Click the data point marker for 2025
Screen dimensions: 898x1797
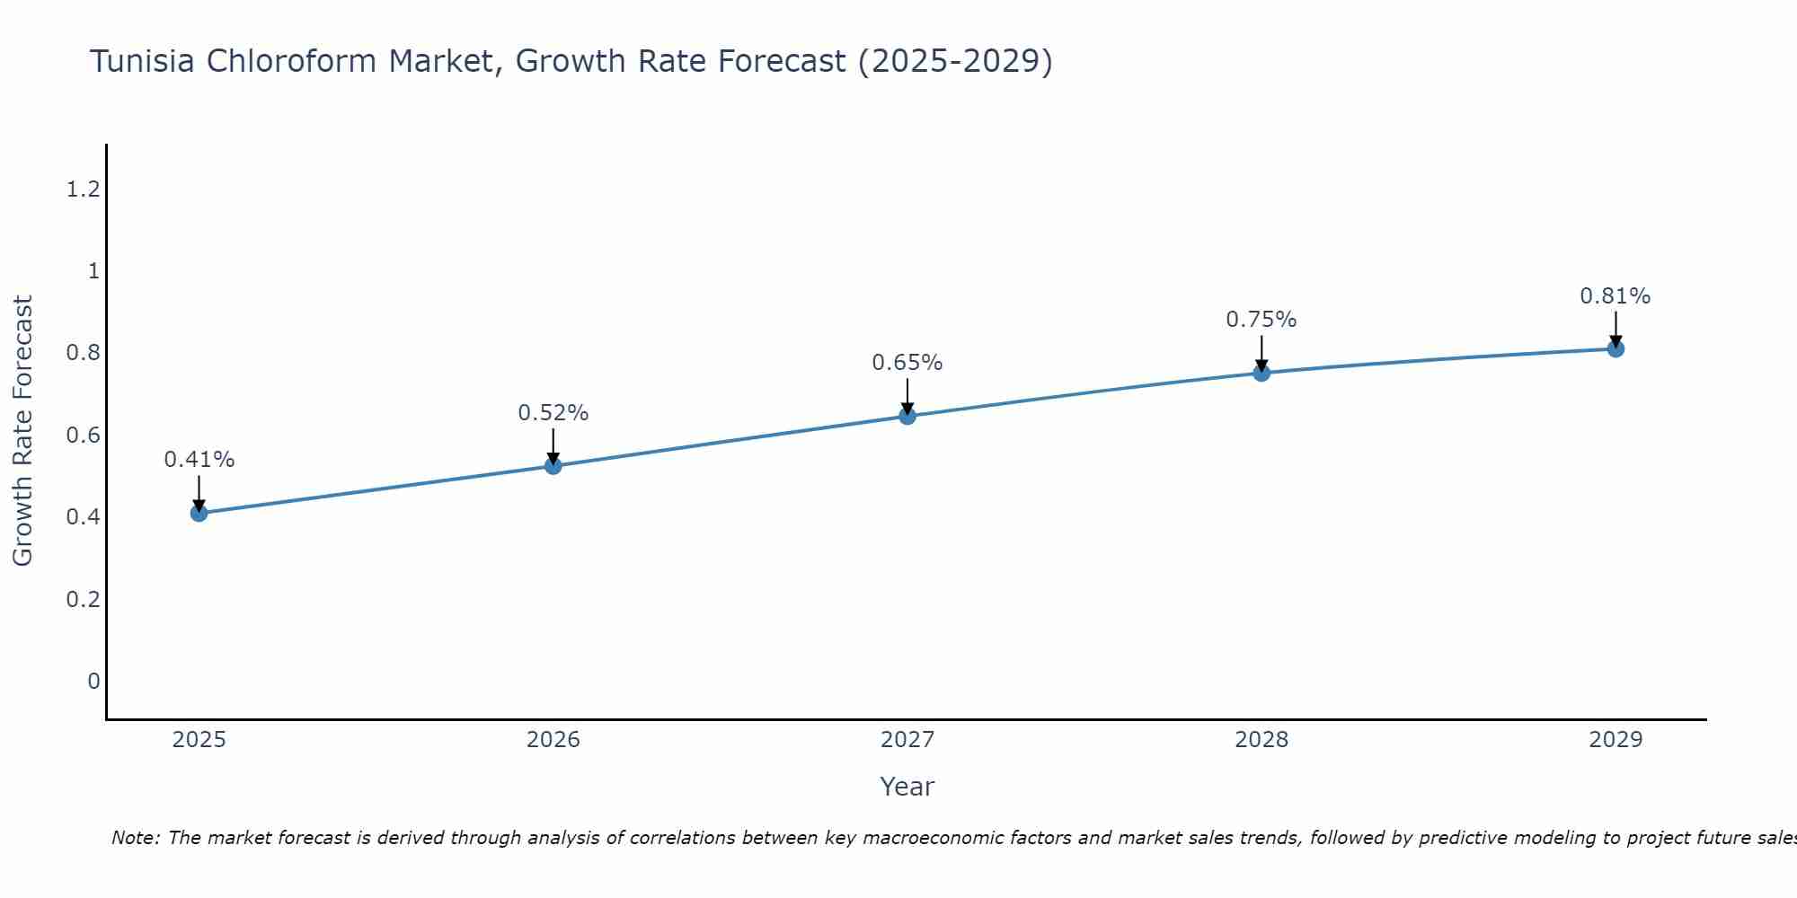click(x=199, y=513)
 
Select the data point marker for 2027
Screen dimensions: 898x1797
click(x=907, y=416)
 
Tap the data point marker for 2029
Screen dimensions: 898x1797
click(x=1616, y=348)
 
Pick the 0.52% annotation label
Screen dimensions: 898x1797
click(x=553, y=413)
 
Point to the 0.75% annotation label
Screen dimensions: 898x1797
click(x=1261, y=320)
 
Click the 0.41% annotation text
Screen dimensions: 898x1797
click(x=199, y=460)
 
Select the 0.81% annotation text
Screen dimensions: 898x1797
click(x=1616, y=296)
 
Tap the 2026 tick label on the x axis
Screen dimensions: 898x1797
click(x=553, y=740)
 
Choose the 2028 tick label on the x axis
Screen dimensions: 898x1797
click(x=1261, y=740)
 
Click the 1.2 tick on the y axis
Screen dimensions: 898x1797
click(x=83, y=189)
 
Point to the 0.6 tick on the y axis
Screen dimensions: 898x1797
click(x=83, y=436)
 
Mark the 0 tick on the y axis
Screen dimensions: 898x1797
click(x=93, y=682)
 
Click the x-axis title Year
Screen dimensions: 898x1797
click(x=907, y=787)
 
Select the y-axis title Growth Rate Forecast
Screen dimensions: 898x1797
click(x=22, y=431)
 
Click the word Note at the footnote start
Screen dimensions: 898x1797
click(x=135, y=838)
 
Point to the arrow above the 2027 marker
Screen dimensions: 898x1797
click(x=907, y=395)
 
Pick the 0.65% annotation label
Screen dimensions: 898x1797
click(x=907, y=363)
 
